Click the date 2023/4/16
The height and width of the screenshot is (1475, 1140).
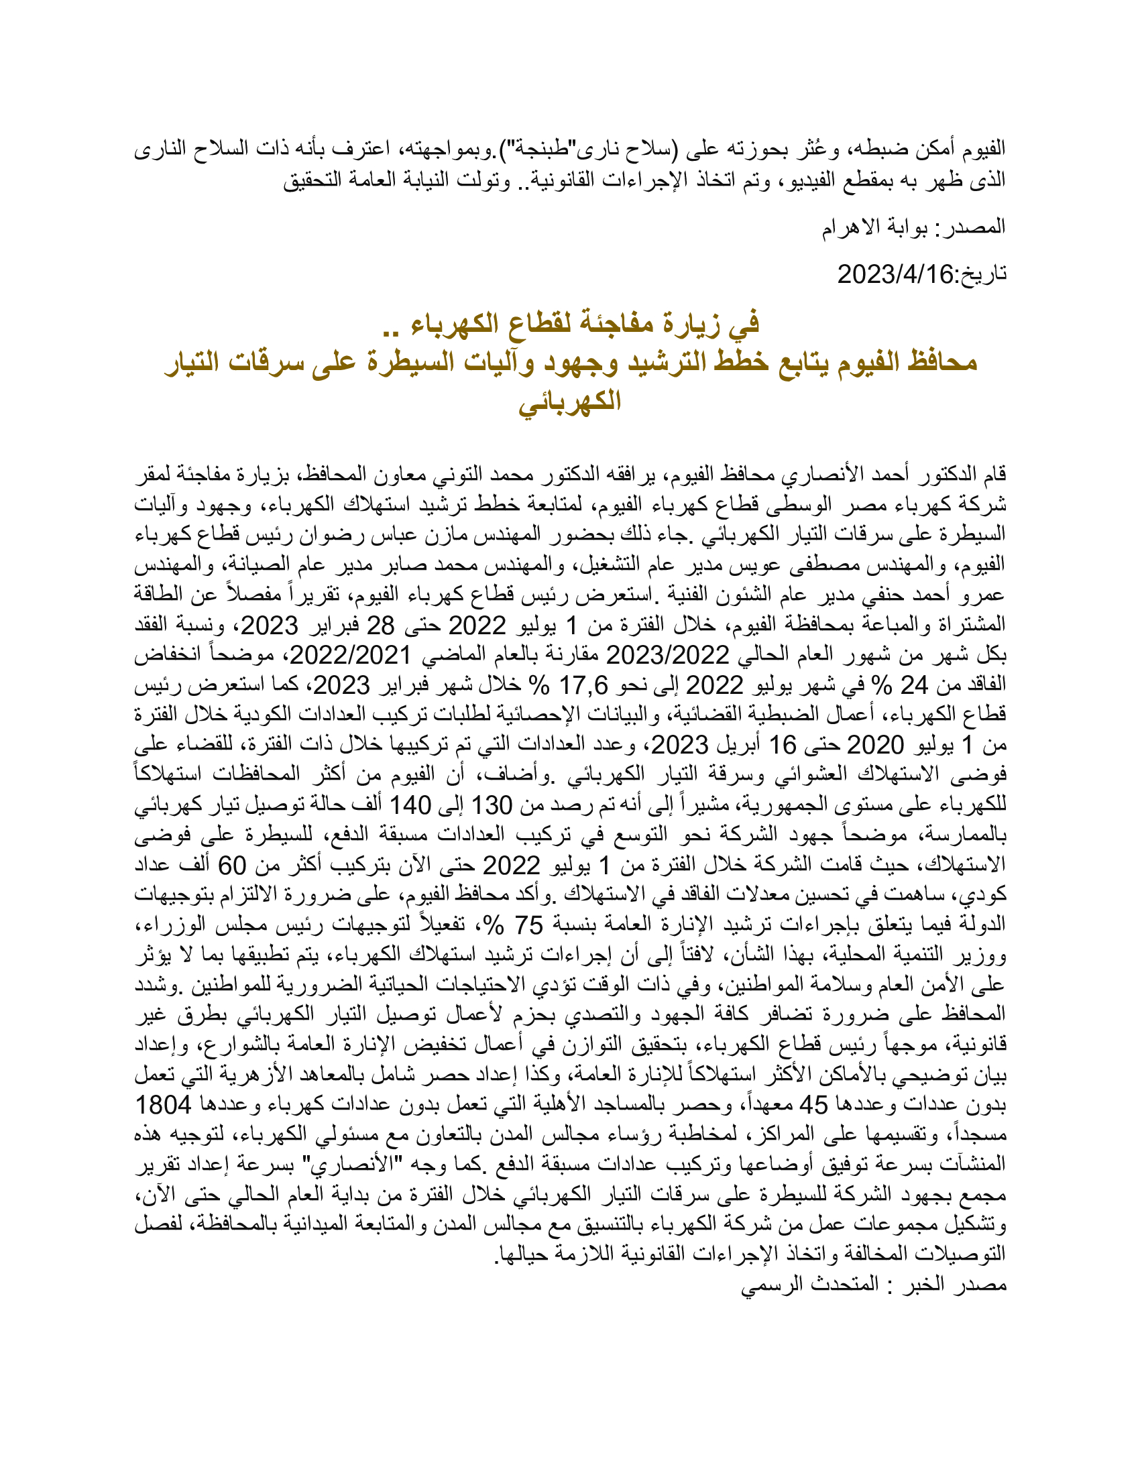895,274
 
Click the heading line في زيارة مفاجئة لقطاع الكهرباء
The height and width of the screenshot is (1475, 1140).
571,324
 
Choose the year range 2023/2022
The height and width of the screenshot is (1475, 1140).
667,655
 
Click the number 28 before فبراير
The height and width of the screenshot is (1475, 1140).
380,626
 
